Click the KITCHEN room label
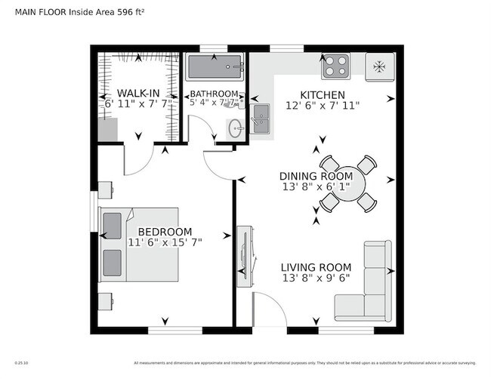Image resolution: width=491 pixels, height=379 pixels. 323,95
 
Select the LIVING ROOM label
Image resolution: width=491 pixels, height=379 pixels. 316,267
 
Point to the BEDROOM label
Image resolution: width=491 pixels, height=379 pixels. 165,232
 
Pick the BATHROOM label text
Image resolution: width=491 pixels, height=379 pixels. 214,94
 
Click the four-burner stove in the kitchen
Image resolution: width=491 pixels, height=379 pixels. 335,66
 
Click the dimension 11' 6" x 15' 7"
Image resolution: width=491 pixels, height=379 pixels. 165,242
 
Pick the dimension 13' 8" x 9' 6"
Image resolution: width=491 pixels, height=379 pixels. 316,278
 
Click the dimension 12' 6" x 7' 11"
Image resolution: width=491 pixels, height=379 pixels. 323,106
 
